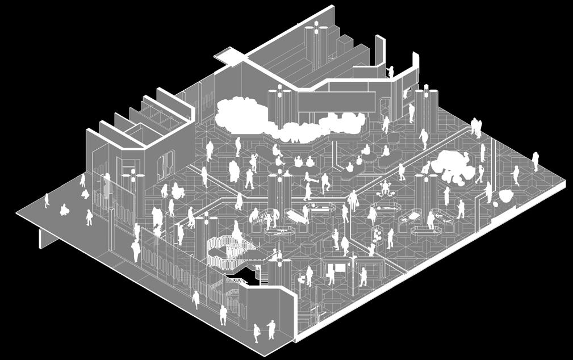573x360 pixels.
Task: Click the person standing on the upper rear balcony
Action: pos(390,71)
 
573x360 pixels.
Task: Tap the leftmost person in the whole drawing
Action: pos(47,200)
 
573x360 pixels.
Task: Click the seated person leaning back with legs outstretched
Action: pos(312,180)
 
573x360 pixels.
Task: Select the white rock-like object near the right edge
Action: pos(505,195)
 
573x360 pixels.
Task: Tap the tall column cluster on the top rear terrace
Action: pos(314,45)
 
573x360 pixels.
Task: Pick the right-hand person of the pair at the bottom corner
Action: pos(271,330)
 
